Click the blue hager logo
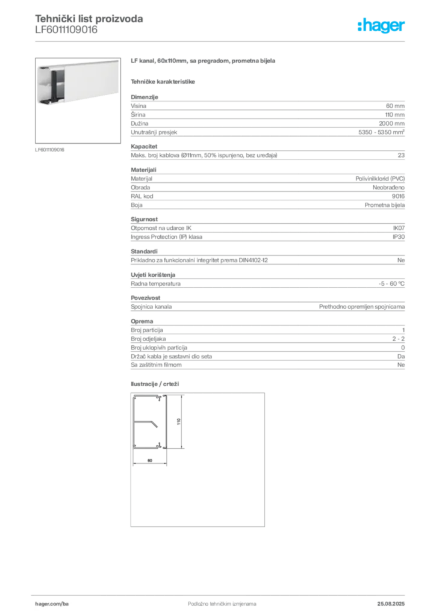(x=382, y=26)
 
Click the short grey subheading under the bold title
(x=163, y=82)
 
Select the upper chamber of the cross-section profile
(x=147, y=409)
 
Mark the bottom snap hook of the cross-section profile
(x=161, y=445)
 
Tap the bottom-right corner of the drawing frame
(x=266, y=528)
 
